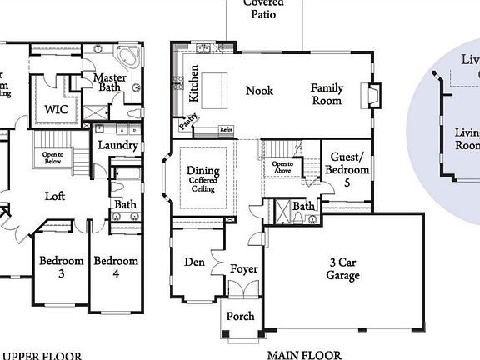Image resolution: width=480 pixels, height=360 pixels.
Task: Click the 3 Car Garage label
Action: pyautogui.click(x=342, y=267)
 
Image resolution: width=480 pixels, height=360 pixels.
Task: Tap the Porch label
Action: pyautogui.click(x=241, y=317)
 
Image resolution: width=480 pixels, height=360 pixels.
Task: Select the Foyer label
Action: pyautogui.click(x=244, y=269)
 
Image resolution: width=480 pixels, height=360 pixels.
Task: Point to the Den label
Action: pyautogui.click(x=194, y=262)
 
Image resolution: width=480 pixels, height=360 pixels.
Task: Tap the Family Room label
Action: pyautogui.click(x=327, y=94)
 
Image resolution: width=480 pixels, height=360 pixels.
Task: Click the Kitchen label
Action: pyautogui.click(x=193, y=84)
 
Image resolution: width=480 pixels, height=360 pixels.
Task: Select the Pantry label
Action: pyautogui.click(x=187, y=124)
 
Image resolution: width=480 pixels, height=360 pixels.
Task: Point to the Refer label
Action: pyautogui.click(x=226, y=129)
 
